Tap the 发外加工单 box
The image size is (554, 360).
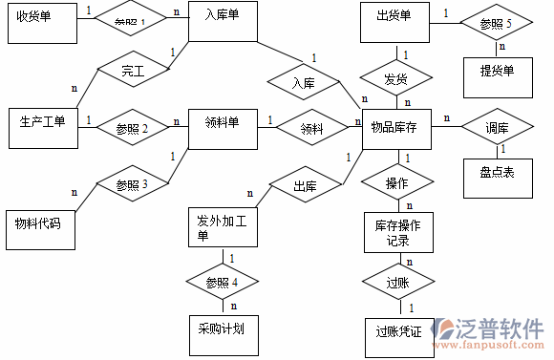222,229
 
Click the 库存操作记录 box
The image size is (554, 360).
398,233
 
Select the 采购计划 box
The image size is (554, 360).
222,329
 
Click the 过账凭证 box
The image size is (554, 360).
398,334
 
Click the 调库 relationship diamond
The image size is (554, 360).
497,128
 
